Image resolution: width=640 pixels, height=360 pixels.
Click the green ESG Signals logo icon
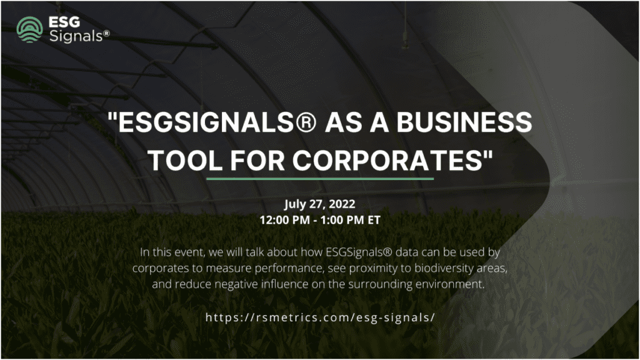click(29, 29)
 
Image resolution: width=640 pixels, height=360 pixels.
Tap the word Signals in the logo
click(76, 36)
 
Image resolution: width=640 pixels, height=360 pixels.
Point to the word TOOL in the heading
click(185, 161)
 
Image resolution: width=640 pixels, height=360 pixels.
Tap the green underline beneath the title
click(320, 179)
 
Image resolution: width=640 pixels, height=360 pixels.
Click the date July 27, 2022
click(319, 204)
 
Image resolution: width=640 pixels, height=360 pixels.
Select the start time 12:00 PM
click(285, 220)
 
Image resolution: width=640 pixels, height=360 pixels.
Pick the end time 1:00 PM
click(342, 220)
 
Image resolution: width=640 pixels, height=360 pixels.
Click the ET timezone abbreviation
click(374, 220)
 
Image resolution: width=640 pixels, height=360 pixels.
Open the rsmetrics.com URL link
click(320, 317)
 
